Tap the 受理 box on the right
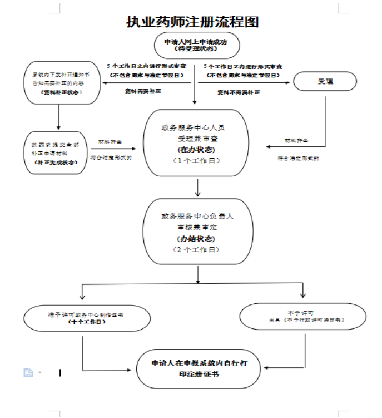pyautogui.click(x=325, y=82)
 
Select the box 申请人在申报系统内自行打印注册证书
pyautogui.click(x=197, y=368)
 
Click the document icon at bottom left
pyautogui.click(x=28, y=372)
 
